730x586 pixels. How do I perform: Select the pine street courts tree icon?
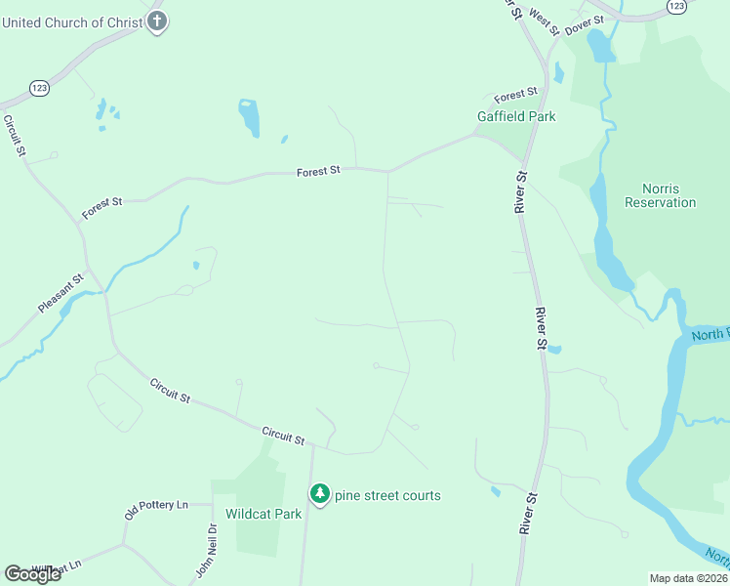319,494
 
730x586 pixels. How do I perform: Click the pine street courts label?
388,495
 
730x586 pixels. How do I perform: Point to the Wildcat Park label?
264,514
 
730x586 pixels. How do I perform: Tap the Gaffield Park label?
516,116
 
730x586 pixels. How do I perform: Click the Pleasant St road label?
61,293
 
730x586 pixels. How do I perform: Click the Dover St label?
585,21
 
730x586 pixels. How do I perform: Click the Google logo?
32,573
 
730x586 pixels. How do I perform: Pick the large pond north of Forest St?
250,118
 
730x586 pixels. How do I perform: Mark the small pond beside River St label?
554,349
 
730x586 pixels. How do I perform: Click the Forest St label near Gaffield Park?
516,95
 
